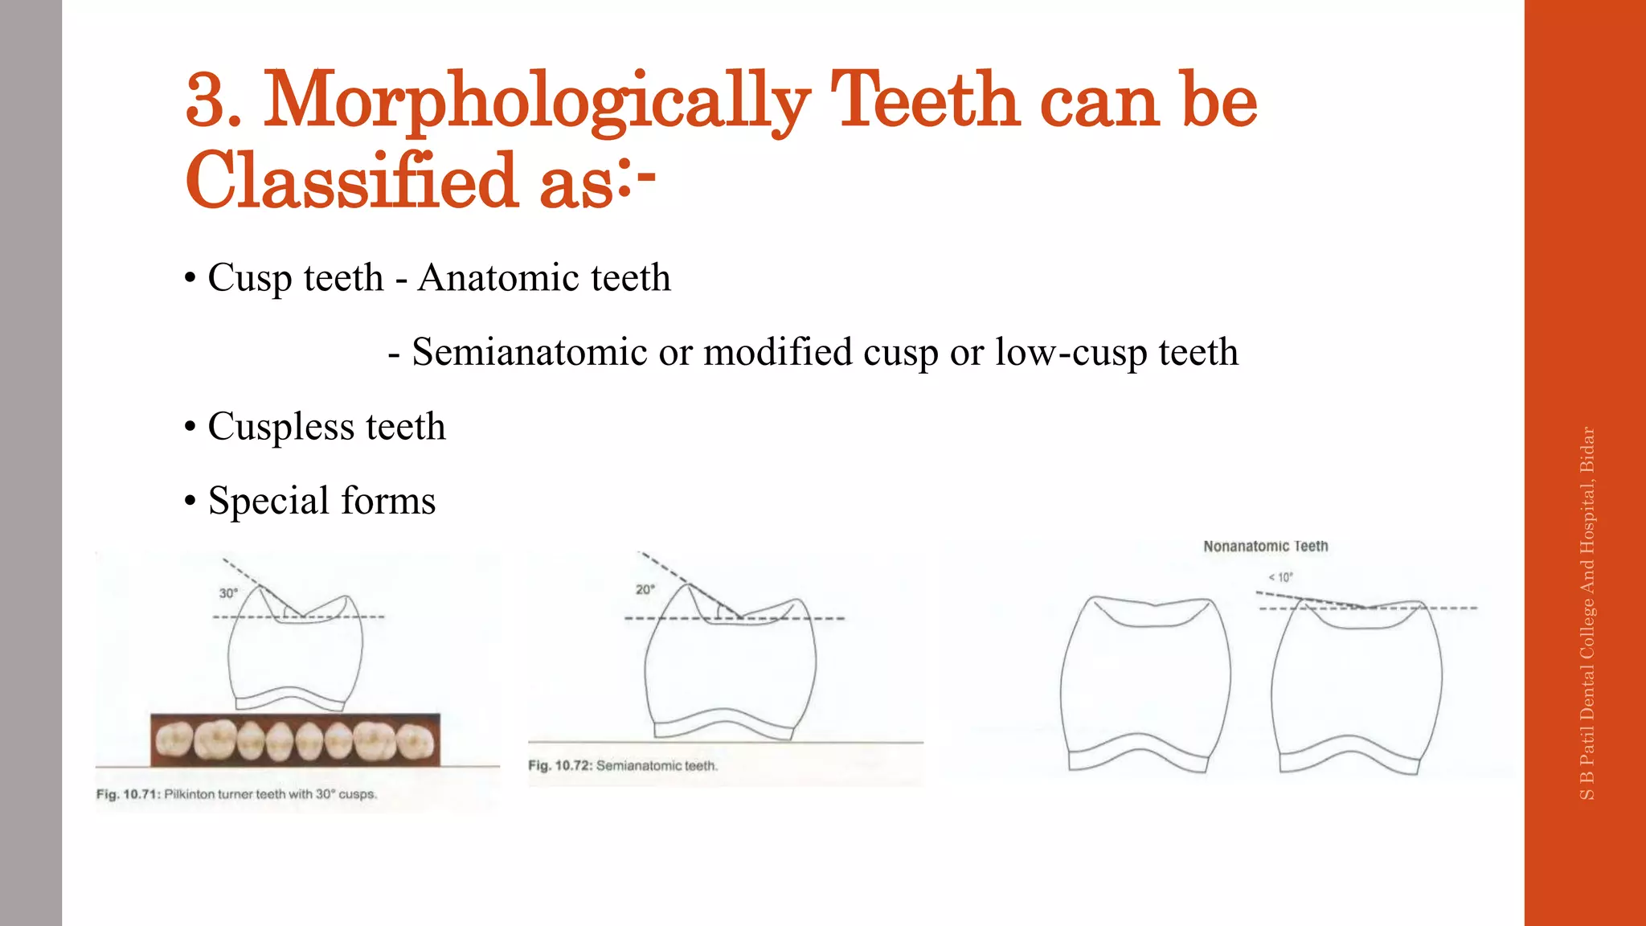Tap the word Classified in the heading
click(351, 181)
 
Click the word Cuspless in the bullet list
click(280, 427)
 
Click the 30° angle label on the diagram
click(228, 593)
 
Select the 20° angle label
click(645, 589)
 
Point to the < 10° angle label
click(1280, 577)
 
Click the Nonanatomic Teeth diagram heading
click(1265, 547)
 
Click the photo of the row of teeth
click(295, 739)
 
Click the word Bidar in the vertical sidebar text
click(1587, 450)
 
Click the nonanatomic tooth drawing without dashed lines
click(1144, 683)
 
